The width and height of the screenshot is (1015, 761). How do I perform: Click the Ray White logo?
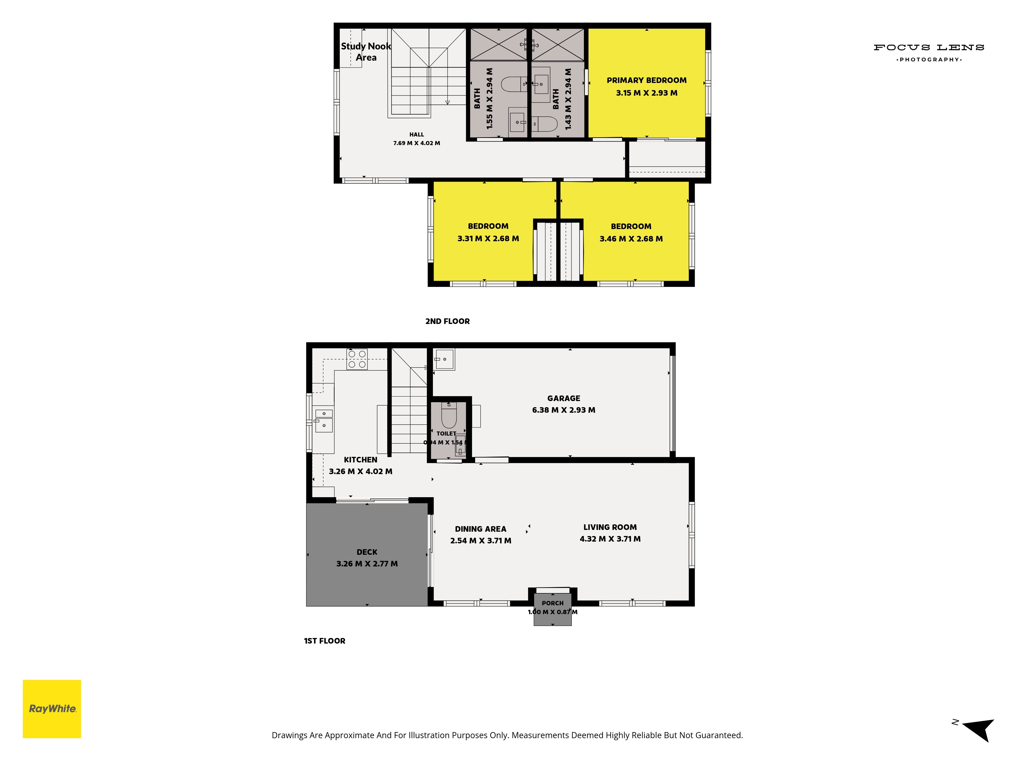pos(52,709)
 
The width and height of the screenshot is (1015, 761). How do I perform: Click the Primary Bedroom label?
pos(647,80)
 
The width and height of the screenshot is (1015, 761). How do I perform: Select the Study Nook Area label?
pos(366,52)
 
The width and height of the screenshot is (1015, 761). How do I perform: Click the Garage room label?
pos(564,398)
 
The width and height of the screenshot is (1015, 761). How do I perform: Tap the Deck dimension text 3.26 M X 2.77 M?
pos(367,564)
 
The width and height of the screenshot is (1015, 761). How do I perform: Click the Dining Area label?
pos(480,529)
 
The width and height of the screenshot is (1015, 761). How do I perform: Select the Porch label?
pos(552,603)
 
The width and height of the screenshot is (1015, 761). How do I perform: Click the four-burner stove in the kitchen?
pos(357,359)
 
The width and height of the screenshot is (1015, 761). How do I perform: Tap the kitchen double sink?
pos(324,420)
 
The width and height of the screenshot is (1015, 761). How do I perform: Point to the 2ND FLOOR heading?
pos(447,321)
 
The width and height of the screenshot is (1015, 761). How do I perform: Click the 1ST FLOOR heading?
pos(324,641)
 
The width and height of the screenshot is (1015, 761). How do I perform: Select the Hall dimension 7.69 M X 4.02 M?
pos(417,143)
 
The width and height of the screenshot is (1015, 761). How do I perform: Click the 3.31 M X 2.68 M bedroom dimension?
pos(488,238)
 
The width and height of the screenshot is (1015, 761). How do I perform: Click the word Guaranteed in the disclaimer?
pos(719,735)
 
